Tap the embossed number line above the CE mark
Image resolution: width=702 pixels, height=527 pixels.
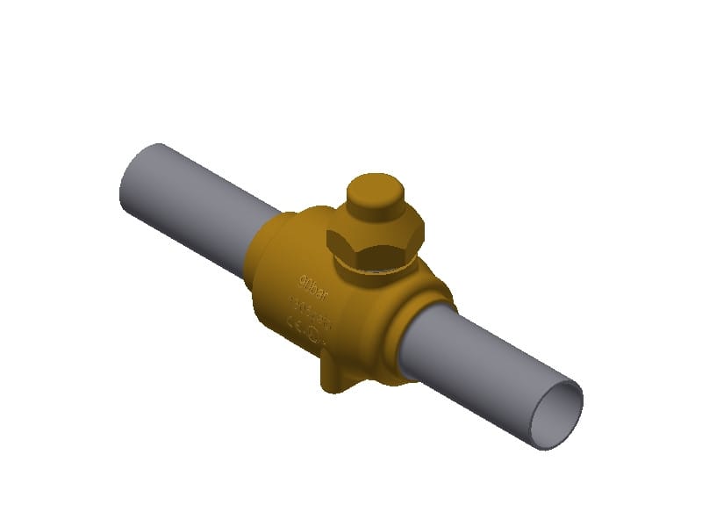pos(309,308)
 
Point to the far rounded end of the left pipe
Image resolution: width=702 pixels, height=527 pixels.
pos(132,176)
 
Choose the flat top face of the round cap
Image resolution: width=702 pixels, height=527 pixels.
pos(374,186)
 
